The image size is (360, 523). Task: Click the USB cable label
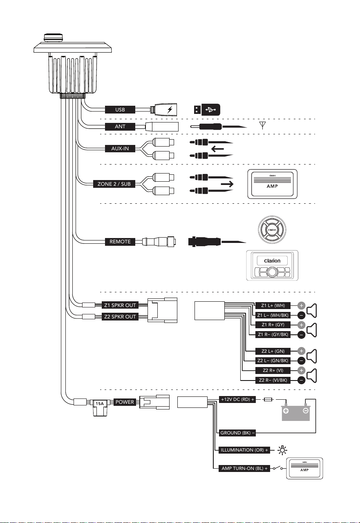pos(120,109)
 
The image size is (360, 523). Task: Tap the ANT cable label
pos(120,127)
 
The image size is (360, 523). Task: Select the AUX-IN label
pos(120,149)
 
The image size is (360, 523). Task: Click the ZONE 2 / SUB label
pos(114,184)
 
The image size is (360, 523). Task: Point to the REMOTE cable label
pos(120,242)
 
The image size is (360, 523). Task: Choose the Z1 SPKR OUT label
pos(120,305)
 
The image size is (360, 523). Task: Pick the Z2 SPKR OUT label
pos(120,316)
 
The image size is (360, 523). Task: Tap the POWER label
pos(125,402)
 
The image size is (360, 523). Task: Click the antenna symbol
pos(263,125)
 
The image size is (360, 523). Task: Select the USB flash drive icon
pos(207,109)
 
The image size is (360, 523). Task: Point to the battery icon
pos(296,412)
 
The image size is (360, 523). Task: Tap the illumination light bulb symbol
pos(282,450)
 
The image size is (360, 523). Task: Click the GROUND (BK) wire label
pos(237,433)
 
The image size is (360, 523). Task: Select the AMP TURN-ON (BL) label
pos(244,468)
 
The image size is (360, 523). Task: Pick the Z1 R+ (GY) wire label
pos(273,325)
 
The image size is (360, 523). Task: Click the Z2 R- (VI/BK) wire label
pos(273,380)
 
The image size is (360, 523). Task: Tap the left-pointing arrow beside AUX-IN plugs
pos(217,149)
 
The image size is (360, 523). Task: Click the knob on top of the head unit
pos(54,38)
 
